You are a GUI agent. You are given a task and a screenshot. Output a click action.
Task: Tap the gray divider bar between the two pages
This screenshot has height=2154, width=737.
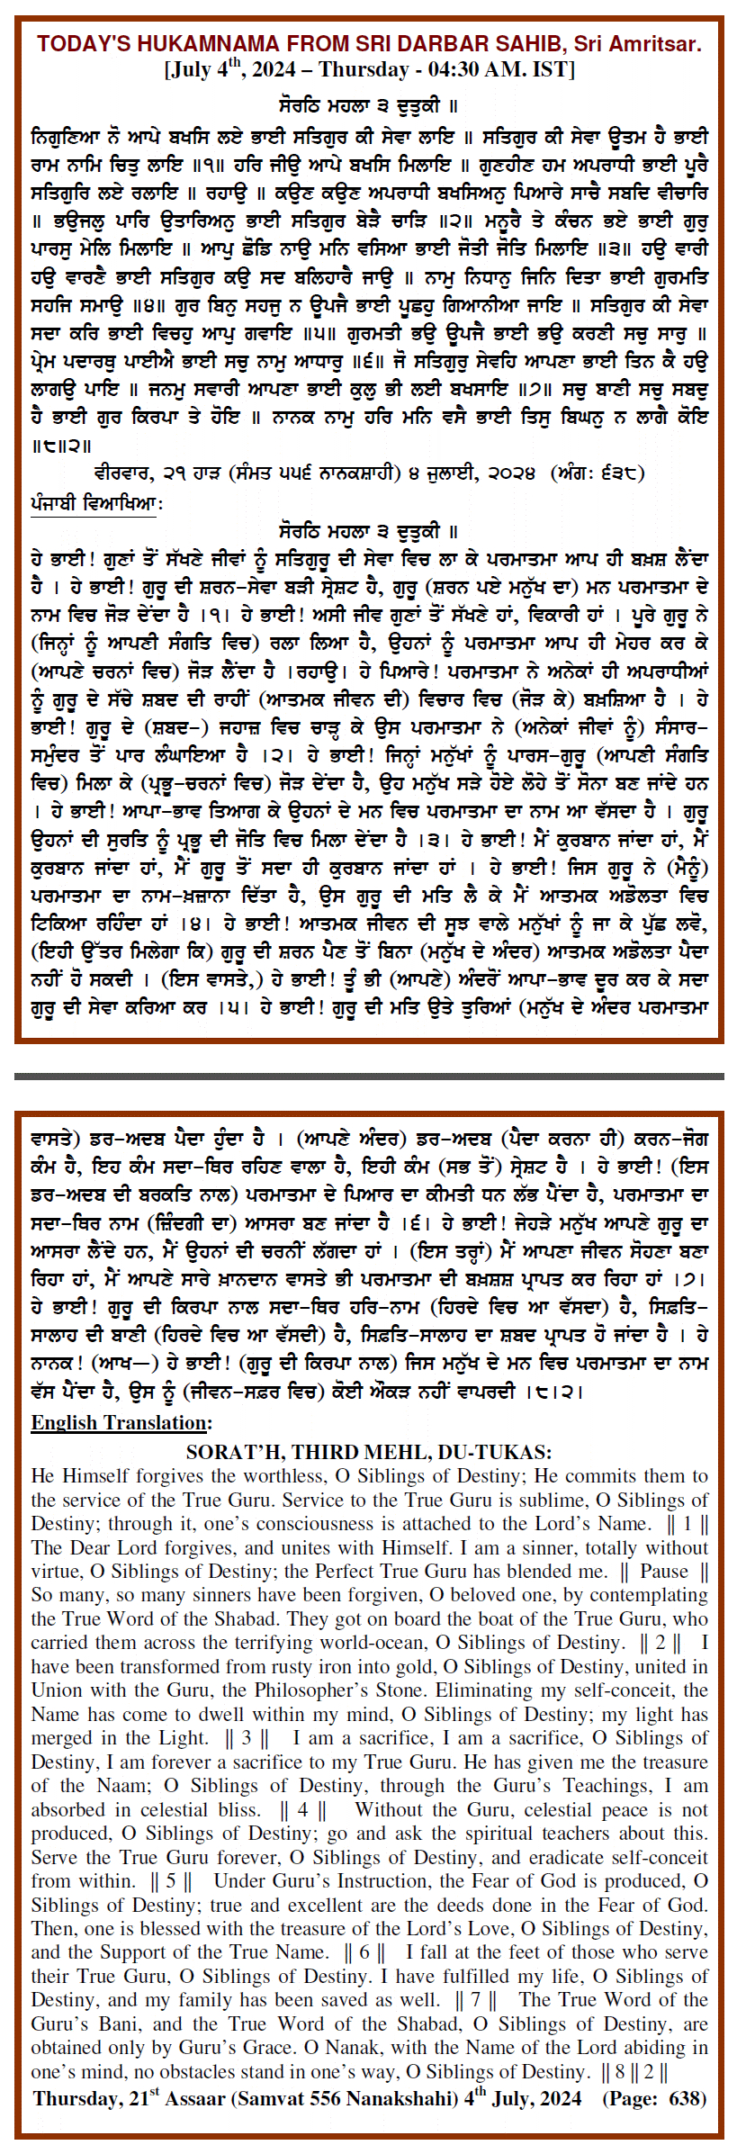368,1076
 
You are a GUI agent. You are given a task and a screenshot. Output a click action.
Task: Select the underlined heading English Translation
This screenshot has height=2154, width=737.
121,1423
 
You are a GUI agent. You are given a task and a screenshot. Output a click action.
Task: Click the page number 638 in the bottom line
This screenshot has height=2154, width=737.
686,2099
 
